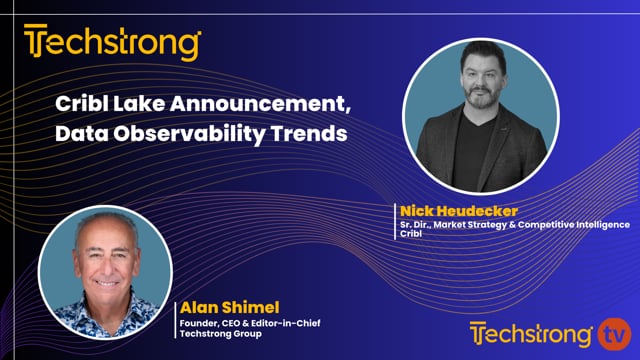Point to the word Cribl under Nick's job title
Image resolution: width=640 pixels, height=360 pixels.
pyautogui.click(x=411, y=237)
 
